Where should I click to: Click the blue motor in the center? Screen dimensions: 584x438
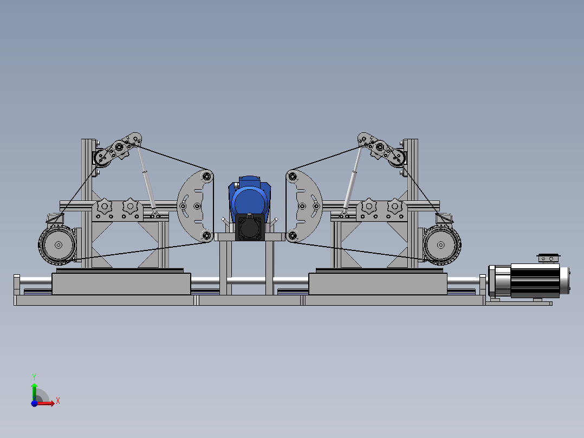(250, 197)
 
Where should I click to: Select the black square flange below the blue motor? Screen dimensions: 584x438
(250, 227)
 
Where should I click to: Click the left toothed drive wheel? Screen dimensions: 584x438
(57, 245)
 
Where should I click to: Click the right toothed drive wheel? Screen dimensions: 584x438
(442, 245)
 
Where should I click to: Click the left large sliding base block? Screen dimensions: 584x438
(121, 284)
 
